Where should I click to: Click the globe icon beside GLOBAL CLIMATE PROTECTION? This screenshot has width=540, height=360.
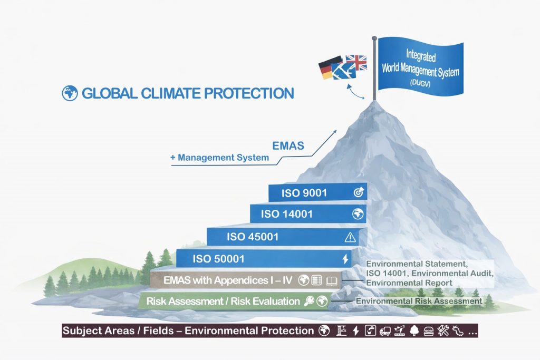[x=70, y=94]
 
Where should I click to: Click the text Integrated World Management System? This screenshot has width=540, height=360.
[x=420, y=63]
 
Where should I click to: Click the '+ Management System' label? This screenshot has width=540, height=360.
[x=219, y=158]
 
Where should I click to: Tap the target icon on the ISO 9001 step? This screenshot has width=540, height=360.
[x=358, y=193]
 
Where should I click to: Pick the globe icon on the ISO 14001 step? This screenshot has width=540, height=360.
[x=358, y=214]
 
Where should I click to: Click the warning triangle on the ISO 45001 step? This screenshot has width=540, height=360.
[x=350, y=237]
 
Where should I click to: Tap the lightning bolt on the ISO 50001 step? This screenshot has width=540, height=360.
[x=345, y=259]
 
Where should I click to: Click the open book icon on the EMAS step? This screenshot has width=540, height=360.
[x=331, y=280]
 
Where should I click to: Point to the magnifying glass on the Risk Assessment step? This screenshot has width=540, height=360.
[x=310, y=301]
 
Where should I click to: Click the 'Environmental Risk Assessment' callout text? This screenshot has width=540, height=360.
[x=419, y=301]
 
